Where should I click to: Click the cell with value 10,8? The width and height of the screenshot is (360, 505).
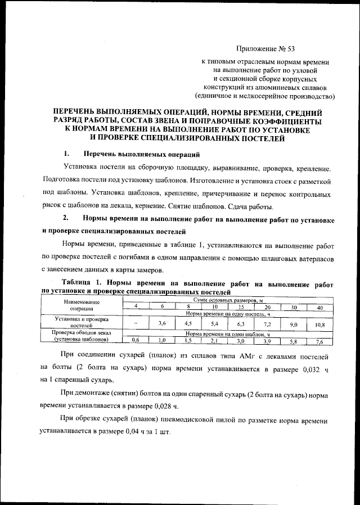[x=319, y=324]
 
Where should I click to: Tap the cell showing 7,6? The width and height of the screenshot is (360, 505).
[x=319, y=341]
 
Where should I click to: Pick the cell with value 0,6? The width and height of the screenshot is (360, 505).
[x=136, y=340]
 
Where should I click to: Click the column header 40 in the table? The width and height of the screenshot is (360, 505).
[x=319, y=306]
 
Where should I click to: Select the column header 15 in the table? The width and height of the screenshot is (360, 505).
[x=240, y=306]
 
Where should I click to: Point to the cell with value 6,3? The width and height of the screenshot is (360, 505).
[x=240, y=324]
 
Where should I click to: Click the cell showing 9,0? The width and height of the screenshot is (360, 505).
[x=293, y=324]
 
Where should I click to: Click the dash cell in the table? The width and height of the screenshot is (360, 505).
[x=136, y=324]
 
